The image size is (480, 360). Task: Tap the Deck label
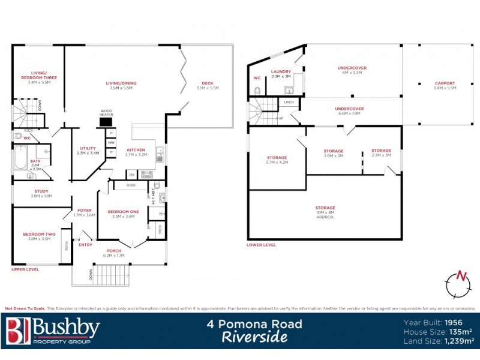[x=208, y=84]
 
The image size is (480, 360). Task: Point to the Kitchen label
[x=136, y=151]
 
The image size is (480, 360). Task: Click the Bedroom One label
[x=123, y=212]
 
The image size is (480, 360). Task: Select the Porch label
[x=114, y=251]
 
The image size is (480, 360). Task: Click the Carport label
[x=445, y=83]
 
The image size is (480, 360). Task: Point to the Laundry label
[x=281, y=72]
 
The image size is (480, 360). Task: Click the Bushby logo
[x=52, y=331]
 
